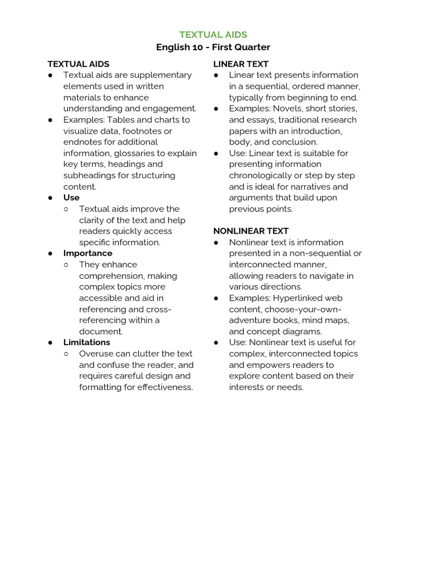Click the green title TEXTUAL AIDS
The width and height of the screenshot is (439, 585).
(213, 35)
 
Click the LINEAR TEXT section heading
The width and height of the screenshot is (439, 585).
(241, 64)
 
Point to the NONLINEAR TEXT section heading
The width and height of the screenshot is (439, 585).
(251, 231)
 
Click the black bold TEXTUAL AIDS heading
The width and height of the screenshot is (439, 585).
(78, 64)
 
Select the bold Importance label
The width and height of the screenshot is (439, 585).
(87, 253)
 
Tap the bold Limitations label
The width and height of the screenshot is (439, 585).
(86, 342)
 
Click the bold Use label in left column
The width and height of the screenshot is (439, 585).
(71, 198)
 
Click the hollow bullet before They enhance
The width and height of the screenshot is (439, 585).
(66, 265)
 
